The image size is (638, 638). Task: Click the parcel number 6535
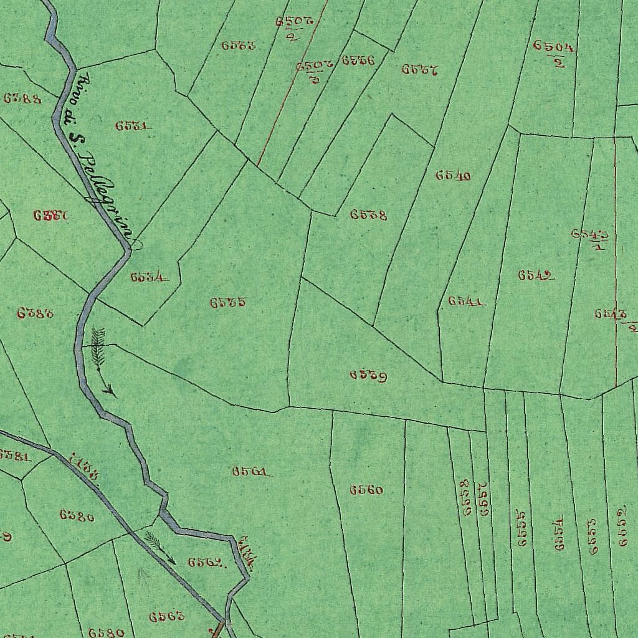click(227, 303)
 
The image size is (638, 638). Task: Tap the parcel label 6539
click(368, 376)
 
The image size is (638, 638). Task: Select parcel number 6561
click(250, 472)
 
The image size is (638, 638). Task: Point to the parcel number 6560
click(366, 490)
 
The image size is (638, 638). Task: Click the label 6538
click(368, 215)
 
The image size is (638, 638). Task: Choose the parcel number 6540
click(453, 176)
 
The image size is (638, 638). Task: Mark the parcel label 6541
click(466, 302)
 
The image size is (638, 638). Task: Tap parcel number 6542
click(536, 275)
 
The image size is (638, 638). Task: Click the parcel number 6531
click(132, 126)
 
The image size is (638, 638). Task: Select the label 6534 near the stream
click(148, 277)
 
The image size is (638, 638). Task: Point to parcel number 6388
click(22, 98)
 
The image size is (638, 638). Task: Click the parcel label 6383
click(35, 313)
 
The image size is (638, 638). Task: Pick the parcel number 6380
click(77, 515)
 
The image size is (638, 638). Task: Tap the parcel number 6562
click(206, 562)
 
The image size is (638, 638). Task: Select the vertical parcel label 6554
click(559, 533)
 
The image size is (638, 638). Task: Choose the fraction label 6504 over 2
click(554, 52)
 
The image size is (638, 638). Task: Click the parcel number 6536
click(358, 61)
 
